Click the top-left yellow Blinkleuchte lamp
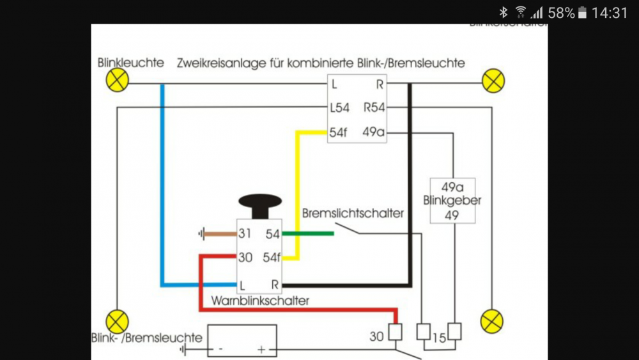tap(117, 81)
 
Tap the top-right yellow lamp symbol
tap(493, 81)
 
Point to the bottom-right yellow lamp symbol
tap(491, 321)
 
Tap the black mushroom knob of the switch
tap(259, 203)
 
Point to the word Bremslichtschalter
tap(353, 213)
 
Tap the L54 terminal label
tap(339, 108)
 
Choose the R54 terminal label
tap(374, 108)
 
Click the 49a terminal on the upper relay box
tap(374, 132)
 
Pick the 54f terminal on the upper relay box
tap(339, 132)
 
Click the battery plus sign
tap(261, 350)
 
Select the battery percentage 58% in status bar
tap(561, 13)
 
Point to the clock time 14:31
tap(610, 13)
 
